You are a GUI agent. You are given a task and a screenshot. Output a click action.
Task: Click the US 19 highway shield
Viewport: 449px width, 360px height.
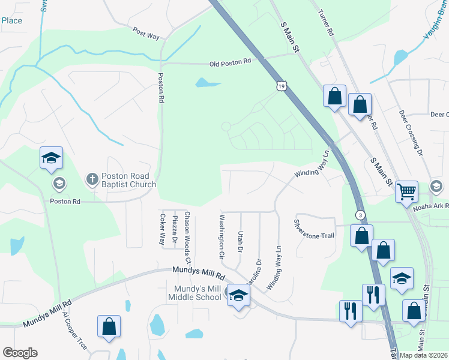pos(282,87)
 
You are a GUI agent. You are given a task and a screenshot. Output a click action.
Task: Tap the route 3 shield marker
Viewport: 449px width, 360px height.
pos(360,215)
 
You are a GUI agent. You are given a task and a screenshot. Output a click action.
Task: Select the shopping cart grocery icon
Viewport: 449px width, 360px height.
pos(406,192)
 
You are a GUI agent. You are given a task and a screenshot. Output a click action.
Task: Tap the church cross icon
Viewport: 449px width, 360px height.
pos(92,178)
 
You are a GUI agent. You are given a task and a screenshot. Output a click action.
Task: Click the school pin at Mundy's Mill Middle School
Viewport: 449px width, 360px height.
pos(238,295)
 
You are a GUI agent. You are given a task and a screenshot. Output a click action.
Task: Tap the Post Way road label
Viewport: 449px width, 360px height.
pos(146,34)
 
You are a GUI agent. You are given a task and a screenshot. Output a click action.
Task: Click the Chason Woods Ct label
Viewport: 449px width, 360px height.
pos(187,238)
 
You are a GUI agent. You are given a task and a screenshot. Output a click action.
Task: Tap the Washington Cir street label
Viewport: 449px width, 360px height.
pos(221,236)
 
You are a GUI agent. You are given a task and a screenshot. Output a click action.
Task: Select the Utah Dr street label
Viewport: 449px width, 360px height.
pos(240,241)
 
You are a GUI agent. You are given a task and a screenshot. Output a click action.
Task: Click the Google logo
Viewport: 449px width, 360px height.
pos(20,352)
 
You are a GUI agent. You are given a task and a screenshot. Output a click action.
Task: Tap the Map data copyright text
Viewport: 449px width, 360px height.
pos(424,355)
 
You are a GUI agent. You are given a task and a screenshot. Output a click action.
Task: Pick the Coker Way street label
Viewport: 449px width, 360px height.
pos(161,229)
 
